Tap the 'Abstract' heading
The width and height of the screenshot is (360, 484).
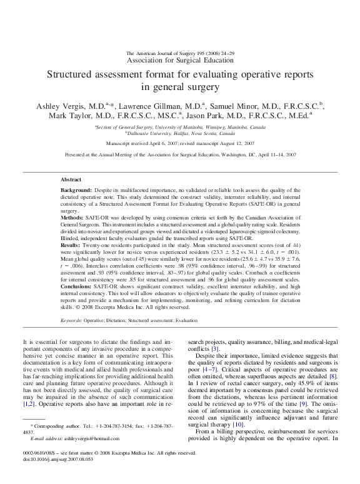71,178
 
